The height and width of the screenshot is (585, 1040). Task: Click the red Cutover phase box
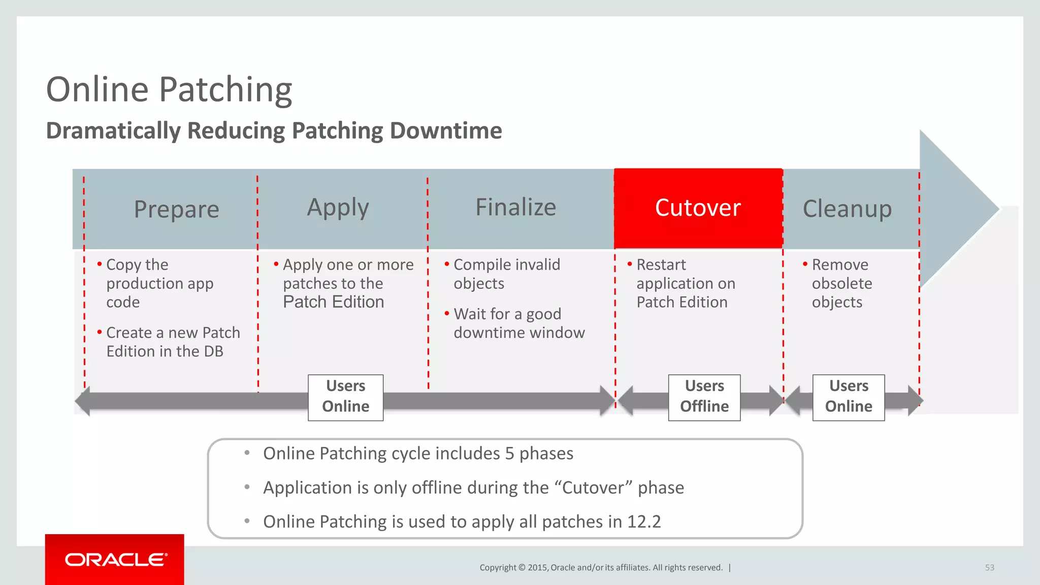pos(698,208)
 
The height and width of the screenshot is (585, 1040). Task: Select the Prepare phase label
pos(176,209)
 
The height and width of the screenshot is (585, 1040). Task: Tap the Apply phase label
pos(338,208)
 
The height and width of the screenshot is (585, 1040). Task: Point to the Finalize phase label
pos(515,207)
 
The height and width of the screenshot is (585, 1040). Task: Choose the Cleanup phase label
pos(847,209)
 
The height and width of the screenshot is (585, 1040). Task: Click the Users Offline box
pos(704,397)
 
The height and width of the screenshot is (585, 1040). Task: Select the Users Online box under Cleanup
pos(848,397)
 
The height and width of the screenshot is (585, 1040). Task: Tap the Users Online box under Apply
pos(345,397)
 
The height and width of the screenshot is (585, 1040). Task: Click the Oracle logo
pos(115,560)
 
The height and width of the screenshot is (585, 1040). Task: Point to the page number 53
pos(989,568)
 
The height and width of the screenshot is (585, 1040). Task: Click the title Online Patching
pos(169,89)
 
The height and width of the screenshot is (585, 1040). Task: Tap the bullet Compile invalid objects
pos(506,274)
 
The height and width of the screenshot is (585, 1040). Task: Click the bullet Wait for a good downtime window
pos(518,323)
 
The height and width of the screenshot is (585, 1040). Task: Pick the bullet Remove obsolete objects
pos(841,283)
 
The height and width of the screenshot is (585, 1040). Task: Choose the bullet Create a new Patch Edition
pos(173,342)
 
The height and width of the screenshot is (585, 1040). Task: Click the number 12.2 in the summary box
pos(644,522)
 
